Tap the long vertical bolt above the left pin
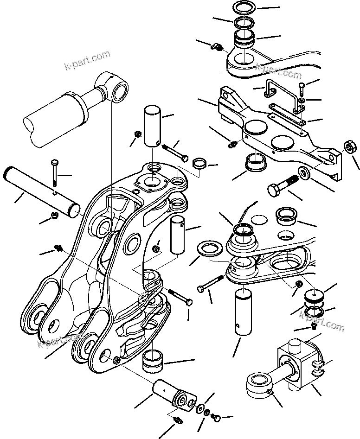[55, 177]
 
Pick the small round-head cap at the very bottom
[216, 419]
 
